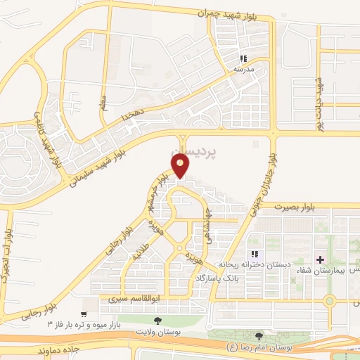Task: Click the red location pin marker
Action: click(x=181, y=165)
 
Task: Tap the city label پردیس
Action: click(x=192, y=150)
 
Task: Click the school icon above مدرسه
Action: click(x=244, y=58)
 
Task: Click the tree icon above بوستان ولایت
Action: click(x=157, y=321)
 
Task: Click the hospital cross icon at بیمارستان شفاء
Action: click(x=321, y=260)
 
